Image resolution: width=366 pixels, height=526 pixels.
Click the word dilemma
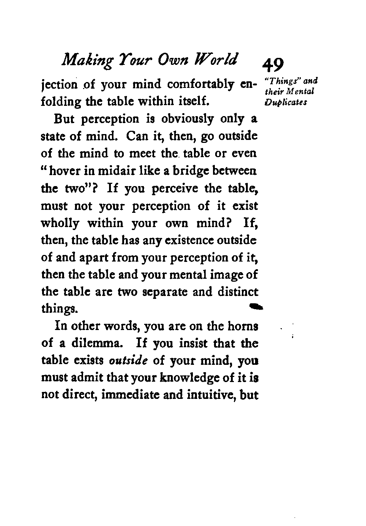point(99,344)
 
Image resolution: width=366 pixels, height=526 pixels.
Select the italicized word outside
point(128,361)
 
